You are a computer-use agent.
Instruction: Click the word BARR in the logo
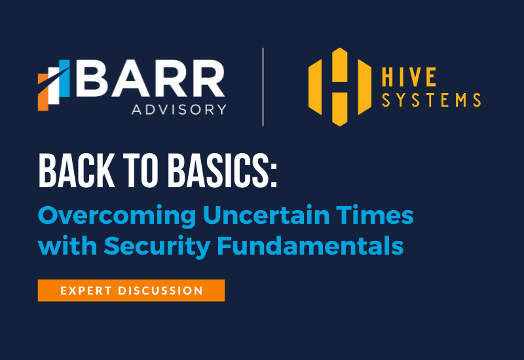(x=151, y=79)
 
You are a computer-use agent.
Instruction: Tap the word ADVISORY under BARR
(x=179, y=109)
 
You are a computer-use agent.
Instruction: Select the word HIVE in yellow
(x=409, y=77)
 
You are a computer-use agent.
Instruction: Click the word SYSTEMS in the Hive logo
(x=432, y=100)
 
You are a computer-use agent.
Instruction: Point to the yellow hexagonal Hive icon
(x=340, y=87)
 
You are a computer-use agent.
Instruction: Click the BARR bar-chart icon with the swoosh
(x=54, y=85)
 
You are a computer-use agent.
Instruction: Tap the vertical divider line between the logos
(x=263, y=87)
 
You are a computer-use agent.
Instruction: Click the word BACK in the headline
(x=77, y=171)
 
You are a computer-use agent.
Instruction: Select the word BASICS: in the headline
(x=222, y=171)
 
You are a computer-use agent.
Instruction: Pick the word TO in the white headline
(x=141, y=171)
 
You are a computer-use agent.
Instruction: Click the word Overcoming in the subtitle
(x=117, y=216)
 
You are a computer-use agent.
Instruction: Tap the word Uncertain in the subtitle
(x=267, y=215)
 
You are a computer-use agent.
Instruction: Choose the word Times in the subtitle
(x=375, y=215)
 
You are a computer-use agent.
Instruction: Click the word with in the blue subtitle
(x=67, y=245)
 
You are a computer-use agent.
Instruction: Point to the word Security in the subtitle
(x=157, y=247)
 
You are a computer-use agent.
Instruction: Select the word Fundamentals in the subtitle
(x=310, y=245)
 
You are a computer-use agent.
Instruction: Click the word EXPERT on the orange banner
(x=86, y=291)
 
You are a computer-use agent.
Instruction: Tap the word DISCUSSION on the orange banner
(x=160, y=291)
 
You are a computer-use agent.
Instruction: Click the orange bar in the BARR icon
(x=43, y=92)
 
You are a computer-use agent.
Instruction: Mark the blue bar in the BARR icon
(x=64, y=79)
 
